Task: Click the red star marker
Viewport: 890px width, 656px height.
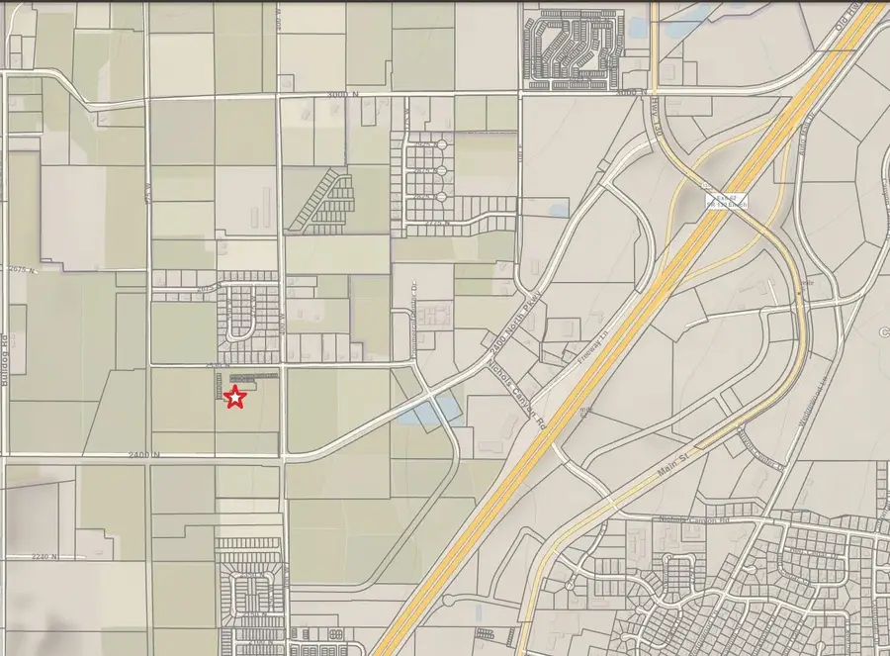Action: (235, 398)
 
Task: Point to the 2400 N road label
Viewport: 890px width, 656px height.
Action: (142, 454)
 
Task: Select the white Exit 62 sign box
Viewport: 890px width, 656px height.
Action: (726, 200)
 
